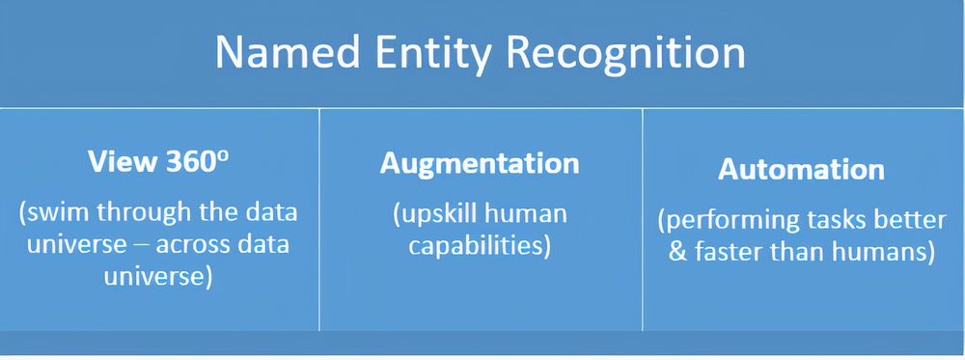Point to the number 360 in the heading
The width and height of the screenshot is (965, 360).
click(x=188, y=162)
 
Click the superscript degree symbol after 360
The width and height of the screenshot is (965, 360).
click(x=224, y=154)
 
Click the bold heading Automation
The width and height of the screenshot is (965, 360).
click(x=801, y=169)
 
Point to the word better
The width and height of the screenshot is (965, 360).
click(x=910, y=220)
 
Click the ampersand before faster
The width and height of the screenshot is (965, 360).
click(x=675, y=253)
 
